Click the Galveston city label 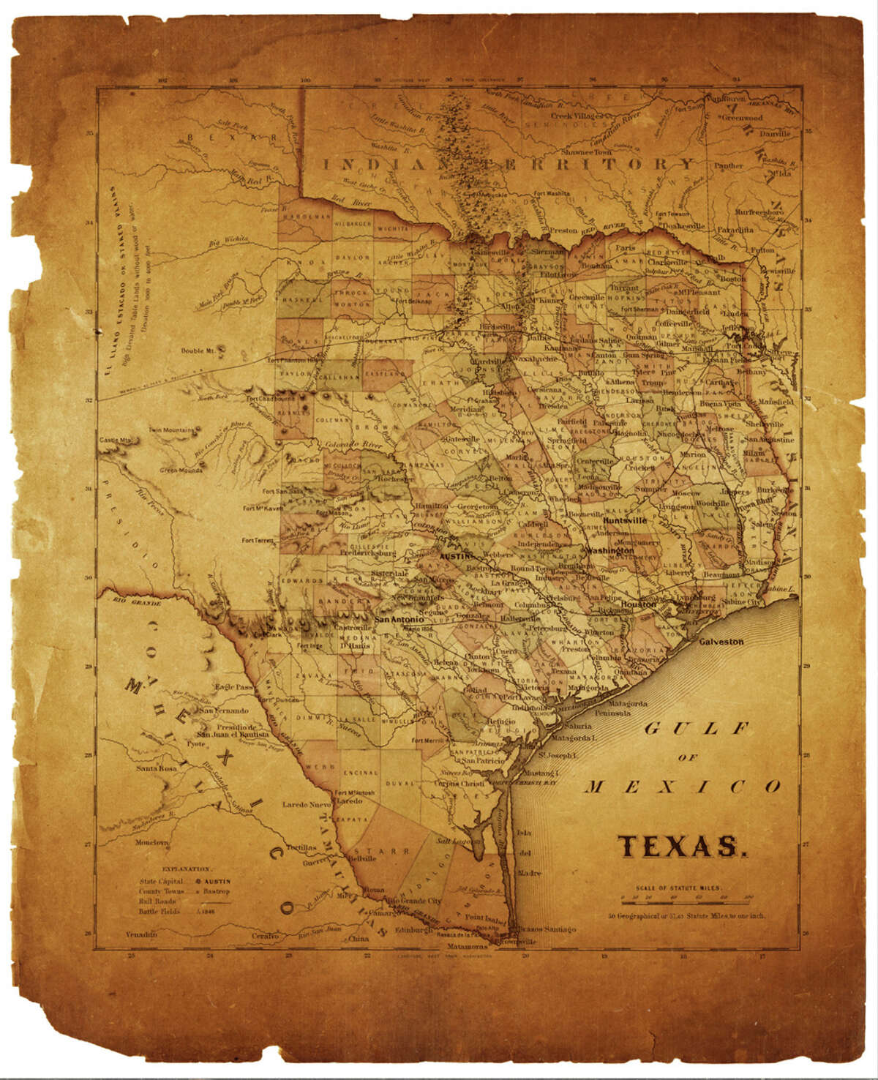pyautogui.click(x=721, y=642)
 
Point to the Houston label pyautogui.click(x=639, y=605)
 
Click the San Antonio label pyautogui.click(x=399, y=619)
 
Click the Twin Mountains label pyautogui.click(x=172, y=430)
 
